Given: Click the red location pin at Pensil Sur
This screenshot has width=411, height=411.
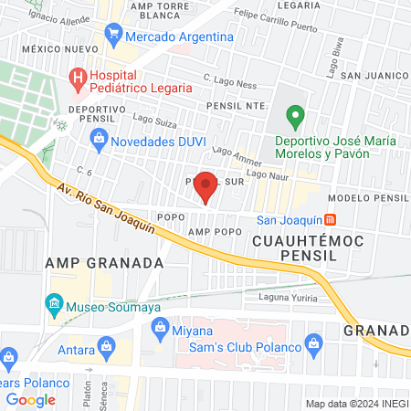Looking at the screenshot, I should [206, 185].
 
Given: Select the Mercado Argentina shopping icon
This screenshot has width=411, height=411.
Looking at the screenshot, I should [113, 37].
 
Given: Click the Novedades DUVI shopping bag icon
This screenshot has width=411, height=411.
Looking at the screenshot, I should [100, 141].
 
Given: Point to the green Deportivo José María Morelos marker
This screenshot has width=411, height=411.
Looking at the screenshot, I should [294, 117].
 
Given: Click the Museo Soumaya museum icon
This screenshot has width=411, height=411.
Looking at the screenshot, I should [54, 303].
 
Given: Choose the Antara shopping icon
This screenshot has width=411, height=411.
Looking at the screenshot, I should [107, 346].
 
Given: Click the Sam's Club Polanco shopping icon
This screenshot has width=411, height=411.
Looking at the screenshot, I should [315, 344].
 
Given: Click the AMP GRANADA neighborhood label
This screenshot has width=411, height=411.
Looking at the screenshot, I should [104, 262].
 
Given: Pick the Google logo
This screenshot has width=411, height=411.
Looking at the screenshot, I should [30, 399].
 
